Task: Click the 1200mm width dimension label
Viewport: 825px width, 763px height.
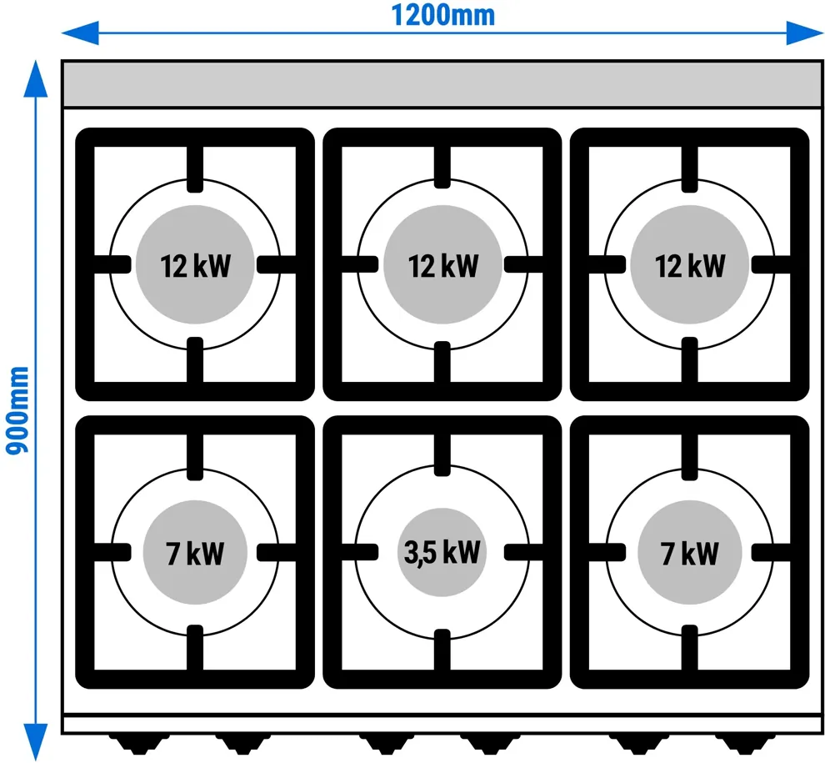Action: pos(443,15)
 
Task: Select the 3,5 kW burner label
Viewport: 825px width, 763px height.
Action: pos(442,552)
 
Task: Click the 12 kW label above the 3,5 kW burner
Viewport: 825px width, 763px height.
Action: pos(443,266)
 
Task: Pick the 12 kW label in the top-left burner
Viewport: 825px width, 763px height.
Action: pos(195,266)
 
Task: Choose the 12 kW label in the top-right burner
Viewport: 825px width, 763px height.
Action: pos(690,266)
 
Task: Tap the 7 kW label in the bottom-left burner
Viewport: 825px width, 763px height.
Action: pos(195,554)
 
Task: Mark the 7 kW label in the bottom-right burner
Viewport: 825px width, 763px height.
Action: pos(690,554)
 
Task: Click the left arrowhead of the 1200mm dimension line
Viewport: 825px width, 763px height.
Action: pos(80,33)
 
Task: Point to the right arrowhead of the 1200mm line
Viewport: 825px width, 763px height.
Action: pos(805,33)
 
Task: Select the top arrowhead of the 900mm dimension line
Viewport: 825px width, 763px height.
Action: pos(35,78)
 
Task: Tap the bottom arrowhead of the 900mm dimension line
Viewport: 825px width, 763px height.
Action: pos(35,742)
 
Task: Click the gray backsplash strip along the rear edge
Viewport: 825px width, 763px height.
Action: pos(442,85)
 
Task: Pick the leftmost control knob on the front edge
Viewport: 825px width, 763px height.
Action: pos(139,743)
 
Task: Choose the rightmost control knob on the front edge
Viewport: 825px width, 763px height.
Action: pos(745,743)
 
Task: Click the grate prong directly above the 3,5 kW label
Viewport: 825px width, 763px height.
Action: pos(442,455)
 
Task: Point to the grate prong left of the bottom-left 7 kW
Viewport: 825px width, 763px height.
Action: pos(112,552)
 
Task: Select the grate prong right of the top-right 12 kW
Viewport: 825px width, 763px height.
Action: pos(772,264)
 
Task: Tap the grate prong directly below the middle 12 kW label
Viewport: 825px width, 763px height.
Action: pos(442,362)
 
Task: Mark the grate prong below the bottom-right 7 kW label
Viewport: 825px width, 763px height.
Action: pos(690,648)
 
